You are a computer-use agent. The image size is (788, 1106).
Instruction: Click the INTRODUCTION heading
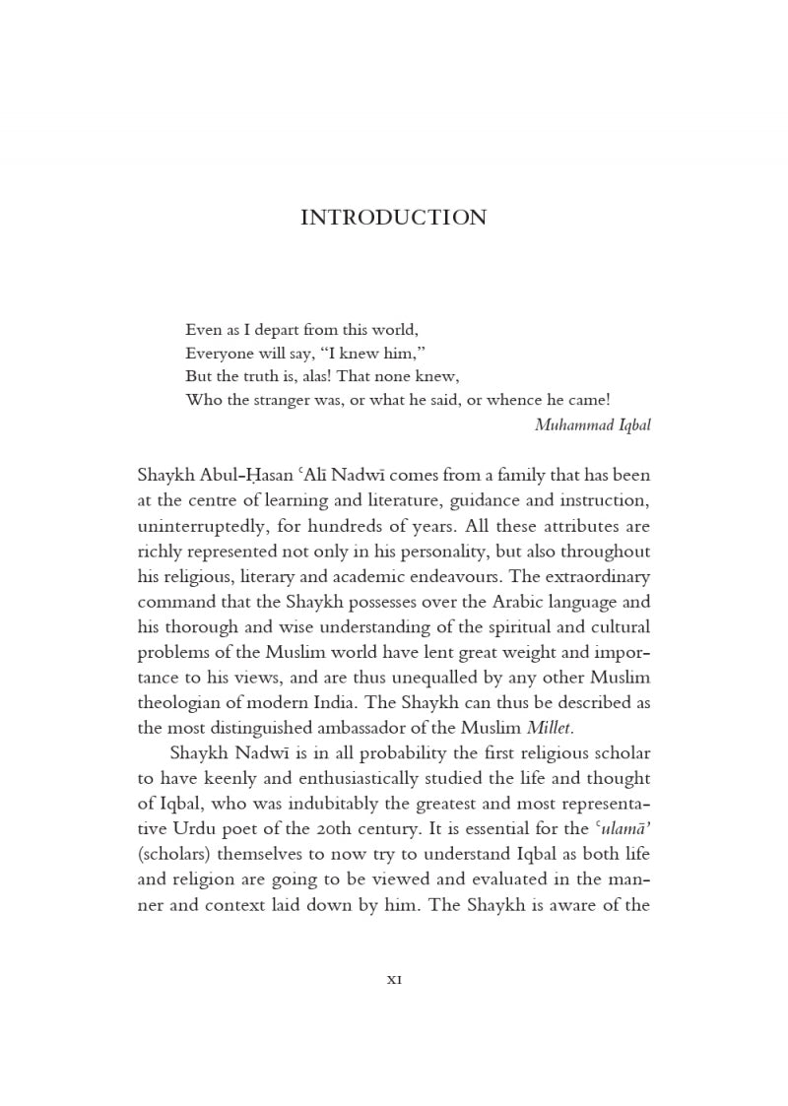pos(393,218)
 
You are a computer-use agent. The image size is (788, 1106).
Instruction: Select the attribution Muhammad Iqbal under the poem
pos(592,425)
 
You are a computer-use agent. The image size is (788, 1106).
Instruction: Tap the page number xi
pos(393,979)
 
